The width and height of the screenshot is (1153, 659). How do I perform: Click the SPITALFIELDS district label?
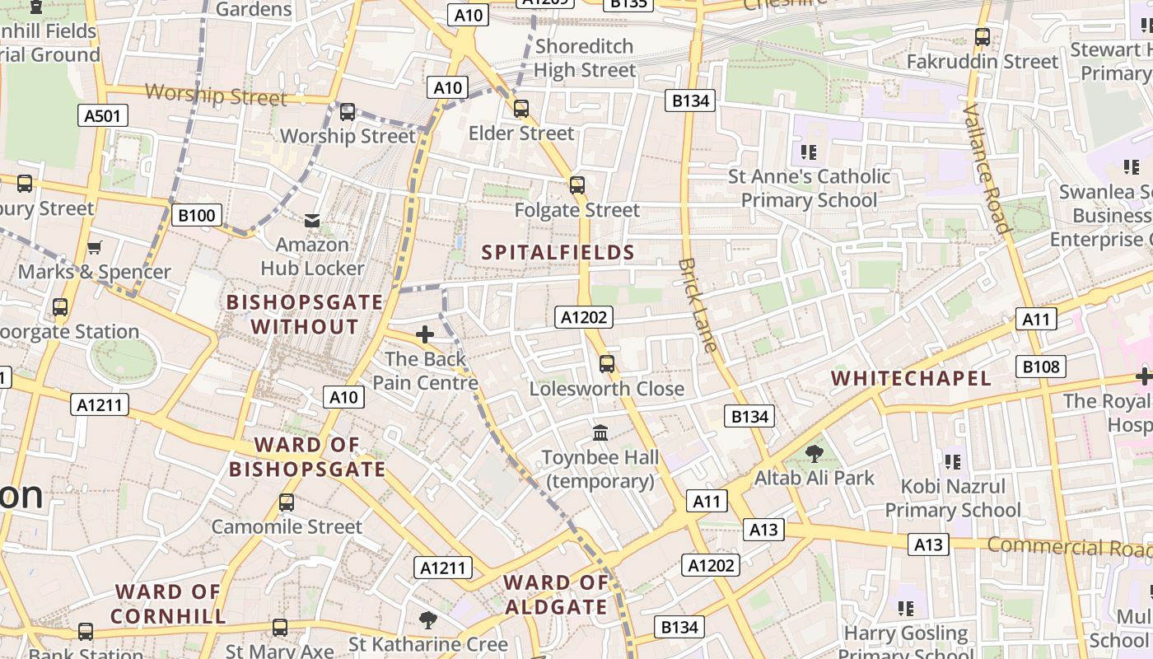[x=558, y=253]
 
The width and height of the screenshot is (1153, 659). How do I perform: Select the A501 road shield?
[x=103, y=115]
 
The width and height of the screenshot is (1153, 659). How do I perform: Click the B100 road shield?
[x=197, y=216]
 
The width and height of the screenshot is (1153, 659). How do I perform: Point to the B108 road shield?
[x=1041, y=367]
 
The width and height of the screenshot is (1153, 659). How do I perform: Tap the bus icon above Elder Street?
[x=520, y=109]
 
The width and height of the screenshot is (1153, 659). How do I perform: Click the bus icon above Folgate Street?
[x=576, y=185]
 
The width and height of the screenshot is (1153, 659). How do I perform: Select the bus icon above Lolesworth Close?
[x=607, y=363]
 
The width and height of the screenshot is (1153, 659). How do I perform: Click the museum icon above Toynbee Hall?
[x=600, y=432]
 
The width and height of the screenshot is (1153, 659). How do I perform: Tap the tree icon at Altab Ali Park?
[x=814, y=453]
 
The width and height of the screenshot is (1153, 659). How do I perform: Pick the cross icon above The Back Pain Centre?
[x=425, y=334]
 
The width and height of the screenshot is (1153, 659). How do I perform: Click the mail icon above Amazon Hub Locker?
[x=312, y=221]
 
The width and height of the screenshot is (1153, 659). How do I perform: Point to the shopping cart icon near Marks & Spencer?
[x=95, y=247]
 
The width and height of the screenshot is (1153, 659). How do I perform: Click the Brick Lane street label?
[x=698, y=306]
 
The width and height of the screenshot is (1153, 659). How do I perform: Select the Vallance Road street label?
[x=986, y=169]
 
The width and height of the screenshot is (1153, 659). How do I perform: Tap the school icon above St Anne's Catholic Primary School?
[x=808, y=152]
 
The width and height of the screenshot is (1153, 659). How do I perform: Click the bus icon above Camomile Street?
[x=287, y=502]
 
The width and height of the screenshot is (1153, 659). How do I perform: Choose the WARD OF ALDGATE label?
[x=556, y=595]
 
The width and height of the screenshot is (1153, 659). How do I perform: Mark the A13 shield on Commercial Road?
[x=929, y=544]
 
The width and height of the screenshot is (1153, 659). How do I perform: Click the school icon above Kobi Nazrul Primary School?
[x=953, y=462]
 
